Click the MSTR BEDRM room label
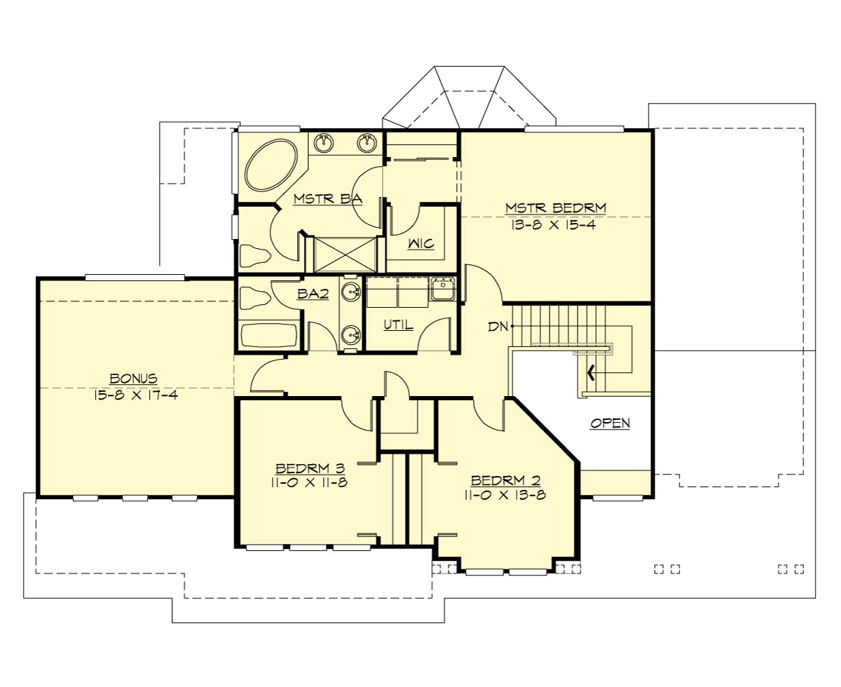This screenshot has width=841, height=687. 555,208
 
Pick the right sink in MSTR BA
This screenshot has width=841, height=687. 366,144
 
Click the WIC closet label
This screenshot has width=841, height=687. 420,244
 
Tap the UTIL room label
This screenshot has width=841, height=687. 398,325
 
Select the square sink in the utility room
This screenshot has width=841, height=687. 442,288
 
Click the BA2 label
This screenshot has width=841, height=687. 313,294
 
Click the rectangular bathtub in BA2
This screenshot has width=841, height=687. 268,335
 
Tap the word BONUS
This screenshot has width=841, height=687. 133,378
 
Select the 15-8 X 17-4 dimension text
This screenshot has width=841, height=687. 133,395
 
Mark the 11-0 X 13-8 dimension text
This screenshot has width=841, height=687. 505,495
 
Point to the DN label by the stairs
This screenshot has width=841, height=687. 499,326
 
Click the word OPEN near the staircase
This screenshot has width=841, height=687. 610,423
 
